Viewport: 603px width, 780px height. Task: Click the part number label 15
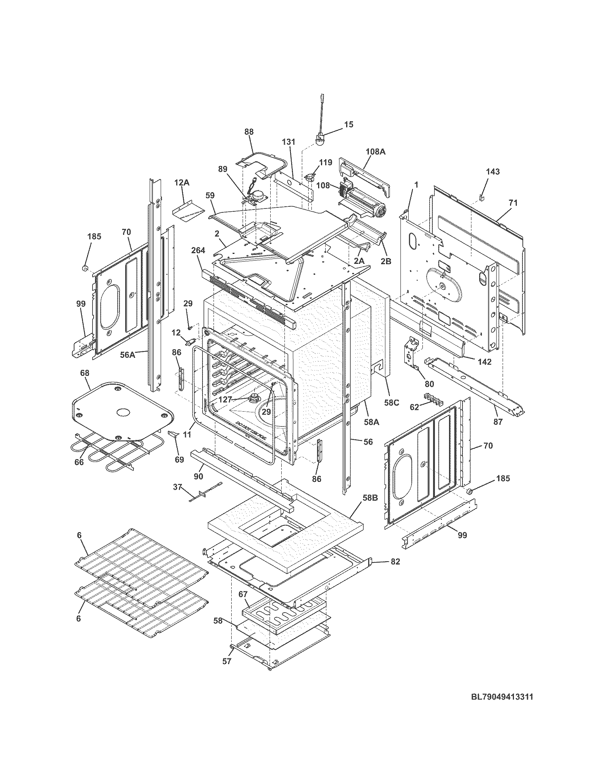(x=348, y=124)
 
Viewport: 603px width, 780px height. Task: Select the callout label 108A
(x=375, y=151)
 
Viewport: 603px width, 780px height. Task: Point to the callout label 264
(x=198, y=250)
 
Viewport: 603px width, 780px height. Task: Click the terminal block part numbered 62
(x=433, y=398)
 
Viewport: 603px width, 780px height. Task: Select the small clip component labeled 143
(x=481, y=196)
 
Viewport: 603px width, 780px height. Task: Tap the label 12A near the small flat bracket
(x=182, y=183)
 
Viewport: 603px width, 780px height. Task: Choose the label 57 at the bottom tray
(x=227, y=661)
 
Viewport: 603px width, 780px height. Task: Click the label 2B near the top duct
(x=386, y=261)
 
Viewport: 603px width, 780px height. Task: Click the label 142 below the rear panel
(x=484, y=361)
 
